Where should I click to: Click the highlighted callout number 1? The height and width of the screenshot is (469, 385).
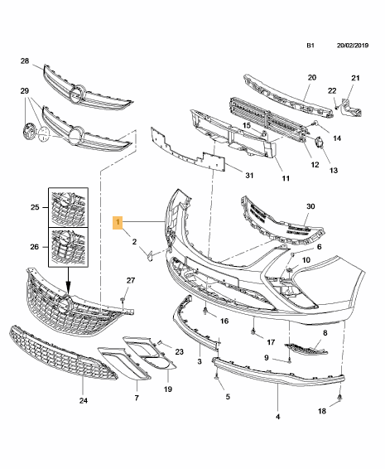tap(118, 222)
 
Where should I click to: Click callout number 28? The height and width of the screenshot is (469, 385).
tap(24, 62)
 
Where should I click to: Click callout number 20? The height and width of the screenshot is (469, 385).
tap(312, 78)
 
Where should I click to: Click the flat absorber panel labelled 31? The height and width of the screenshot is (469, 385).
tap(186, 149)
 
